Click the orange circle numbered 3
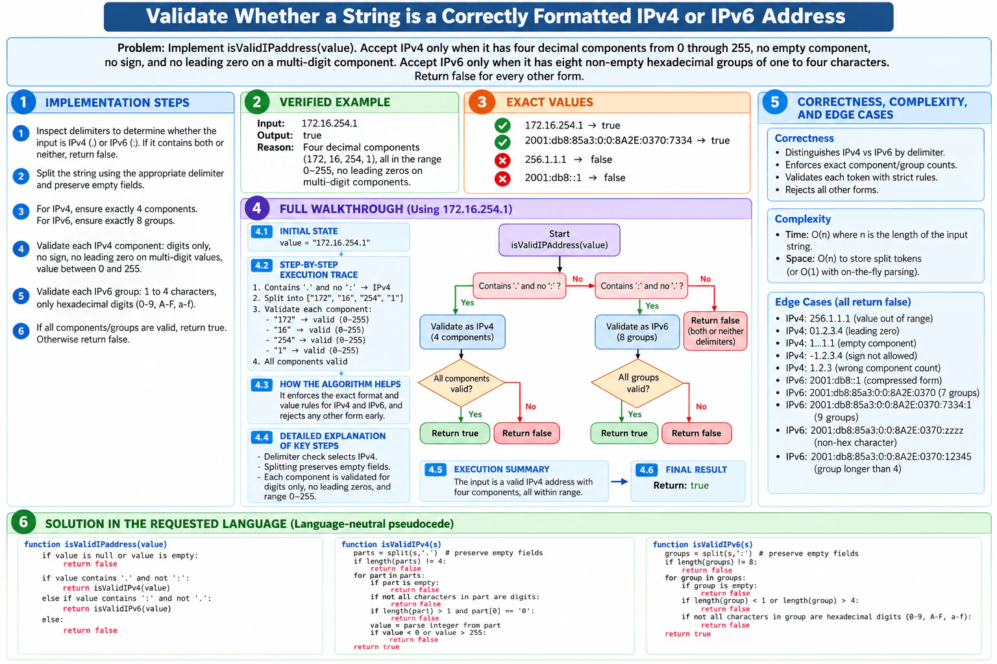click(481, 102)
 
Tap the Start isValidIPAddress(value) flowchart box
click(559, 240)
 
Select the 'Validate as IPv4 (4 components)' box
click(462, 332)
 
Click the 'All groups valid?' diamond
click(637, 383)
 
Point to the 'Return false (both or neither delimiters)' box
click(715, 331)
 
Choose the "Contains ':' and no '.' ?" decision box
click(641, 285)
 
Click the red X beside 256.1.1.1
click(502, 160)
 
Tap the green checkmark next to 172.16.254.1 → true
click(502, 125)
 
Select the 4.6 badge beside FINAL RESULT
click(646, 469)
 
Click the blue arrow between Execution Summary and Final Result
click(619, 481)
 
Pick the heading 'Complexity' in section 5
click(802, 219)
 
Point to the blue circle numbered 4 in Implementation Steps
click(21, 248)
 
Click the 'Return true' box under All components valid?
click(455, 433)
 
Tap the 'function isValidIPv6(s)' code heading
click(702, 545)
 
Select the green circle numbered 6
click(23, 522)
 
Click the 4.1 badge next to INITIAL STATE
click(262, 231)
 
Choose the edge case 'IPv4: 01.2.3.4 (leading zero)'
click(842, 331)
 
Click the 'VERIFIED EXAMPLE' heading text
click(335, 102)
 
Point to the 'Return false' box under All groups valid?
click(696, 433)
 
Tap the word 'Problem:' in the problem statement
click(141, 48)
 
